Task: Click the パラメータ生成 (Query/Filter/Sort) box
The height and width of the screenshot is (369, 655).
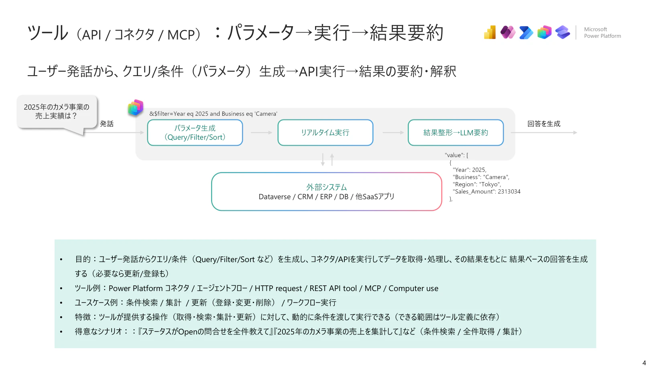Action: click(195, 133)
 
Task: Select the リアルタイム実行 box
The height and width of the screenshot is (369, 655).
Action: click(325, 133)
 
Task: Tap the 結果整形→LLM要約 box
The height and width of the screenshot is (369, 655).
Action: click(456, 133)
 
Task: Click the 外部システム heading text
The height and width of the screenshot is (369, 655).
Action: click(326, 187)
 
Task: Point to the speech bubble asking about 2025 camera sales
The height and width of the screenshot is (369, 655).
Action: click(57, 112)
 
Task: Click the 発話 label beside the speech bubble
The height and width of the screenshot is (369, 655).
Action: click(107, 124)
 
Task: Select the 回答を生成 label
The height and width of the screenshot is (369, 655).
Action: click(544, 124)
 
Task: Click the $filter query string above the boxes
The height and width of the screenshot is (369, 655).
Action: click(213, 114)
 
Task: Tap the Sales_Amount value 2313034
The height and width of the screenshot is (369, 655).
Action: click(509, 191)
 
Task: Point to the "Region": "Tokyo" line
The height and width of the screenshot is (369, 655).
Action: click(477, 184)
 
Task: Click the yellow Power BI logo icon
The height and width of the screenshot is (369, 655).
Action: click(490, 32)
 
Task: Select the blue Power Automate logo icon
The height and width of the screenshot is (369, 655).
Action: click(526, 33)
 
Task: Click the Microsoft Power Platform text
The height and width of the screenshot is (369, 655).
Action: click(602, 33)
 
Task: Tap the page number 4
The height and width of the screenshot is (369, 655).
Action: click(644, 363)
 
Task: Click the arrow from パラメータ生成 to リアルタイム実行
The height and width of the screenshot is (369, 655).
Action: click(261, 133)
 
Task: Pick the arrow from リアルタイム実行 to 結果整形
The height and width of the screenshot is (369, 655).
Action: click(393, 133)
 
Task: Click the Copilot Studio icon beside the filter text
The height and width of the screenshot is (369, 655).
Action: click(135, 107)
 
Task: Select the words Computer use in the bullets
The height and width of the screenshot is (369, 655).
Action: click(413, 289)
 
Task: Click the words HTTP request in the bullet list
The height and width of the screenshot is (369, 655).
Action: click(278, 289)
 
